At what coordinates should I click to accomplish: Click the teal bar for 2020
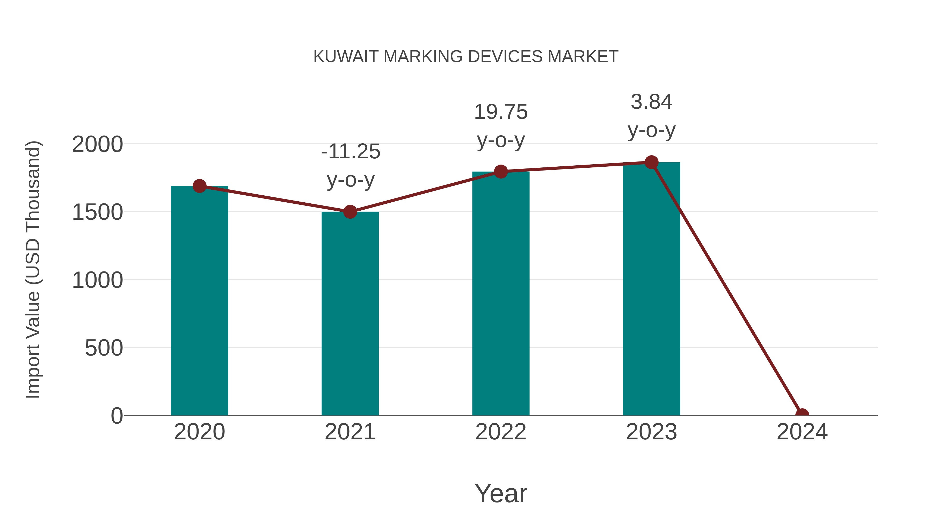point(199,300)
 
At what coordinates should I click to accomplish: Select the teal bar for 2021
point(350,313)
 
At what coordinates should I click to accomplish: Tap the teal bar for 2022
point(501,293)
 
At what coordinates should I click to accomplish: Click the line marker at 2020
point(199,186)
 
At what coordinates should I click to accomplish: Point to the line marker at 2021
point(350,212)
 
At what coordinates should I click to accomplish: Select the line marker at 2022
point(501,171)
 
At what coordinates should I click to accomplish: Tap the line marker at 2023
point(651,162)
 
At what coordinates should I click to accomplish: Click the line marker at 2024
point(802,415)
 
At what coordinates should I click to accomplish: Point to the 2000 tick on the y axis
point(97,144)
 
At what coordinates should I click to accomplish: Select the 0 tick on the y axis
point(117,416)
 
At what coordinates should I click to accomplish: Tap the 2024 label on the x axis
point(802,432)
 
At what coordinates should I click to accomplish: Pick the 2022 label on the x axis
point(501,432)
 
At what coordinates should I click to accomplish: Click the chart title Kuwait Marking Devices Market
point(466,56)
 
